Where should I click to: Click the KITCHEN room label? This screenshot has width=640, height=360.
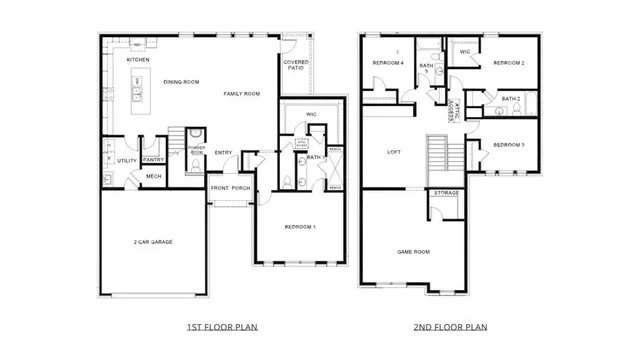point(137,60)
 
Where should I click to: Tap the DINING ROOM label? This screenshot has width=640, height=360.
point(181,82)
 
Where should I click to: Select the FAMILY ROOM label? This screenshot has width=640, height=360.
point(241,93)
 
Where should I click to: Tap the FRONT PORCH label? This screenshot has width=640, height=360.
point(230,188)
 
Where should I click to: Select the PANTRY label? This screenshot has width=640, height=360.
point(153,160)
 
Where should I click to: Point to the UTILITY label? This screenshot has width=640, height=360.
point(127,160)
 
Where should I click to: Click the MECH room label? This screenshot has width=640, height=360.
point(153,177)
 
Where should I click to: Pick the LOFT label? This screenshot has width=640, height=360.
point(394,153)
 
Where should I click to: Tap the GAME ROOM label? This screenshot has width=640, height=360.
point(413,252)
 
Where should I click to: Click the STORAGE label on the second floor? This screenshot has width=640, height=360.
point(446,192)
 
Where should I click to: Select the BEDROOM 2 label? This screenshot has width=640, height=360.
point(508,63)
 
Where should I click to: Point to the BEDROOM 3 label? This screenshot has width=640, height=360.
point(509,145)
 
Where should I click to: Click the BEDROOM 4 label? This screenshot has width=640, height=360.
point(388,62)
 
